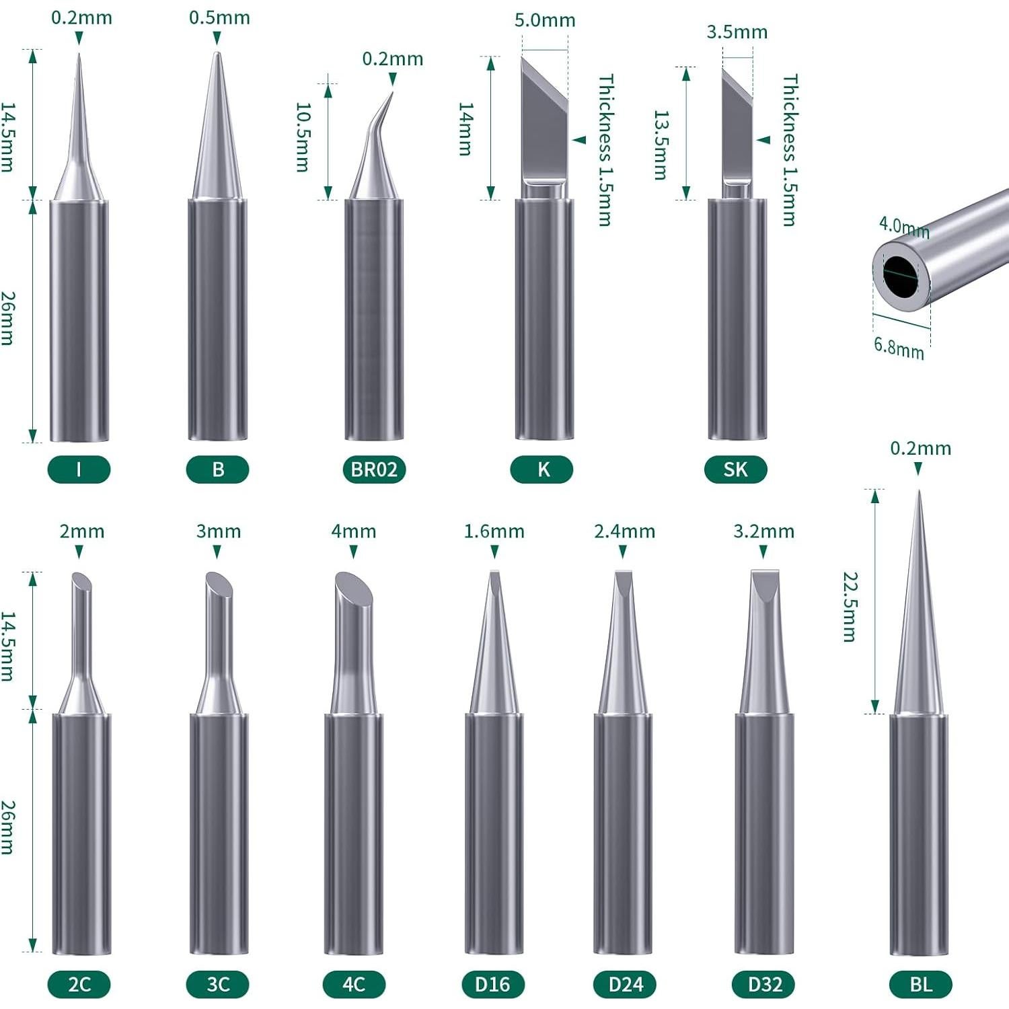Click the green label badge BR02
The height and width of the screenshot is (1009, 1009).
(374, 469)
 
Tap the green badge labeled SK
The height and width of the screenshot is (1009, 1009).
(735, 469)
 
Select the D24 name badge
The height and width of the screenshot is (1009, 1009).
(626, 984)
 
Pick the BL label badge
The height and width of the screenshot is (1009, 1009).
(920, 984)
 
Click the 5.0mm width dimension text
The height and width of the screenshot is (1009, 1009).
(545, 20)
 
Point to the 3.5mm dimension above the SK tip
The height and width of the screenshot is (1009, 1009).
(737, 32)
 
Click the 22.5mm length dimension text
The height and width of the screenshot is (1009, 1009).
(851, 607)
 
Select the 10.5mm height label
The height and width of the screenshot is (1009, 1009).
(303, 137)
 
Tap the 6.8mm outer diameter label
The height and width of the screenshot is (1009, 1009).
(899, 348)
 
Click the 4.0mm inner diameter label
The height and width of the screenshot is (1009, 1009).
(903, 227)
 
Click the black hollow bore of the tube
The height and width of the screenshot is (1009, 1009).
(900, 276)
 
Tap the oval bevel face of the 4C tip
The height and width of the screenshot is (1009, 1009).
(353, 589)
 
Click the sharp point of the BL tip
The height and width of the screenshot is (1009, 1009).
(919, 494)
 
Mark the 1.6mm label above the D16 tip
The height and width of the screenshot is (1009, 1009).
(494, 531)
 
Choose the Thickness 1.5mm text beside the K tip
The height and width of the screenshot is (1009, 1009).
(605, 149)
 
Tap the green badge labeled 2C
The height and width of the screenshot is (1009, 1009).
(79, 984)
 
